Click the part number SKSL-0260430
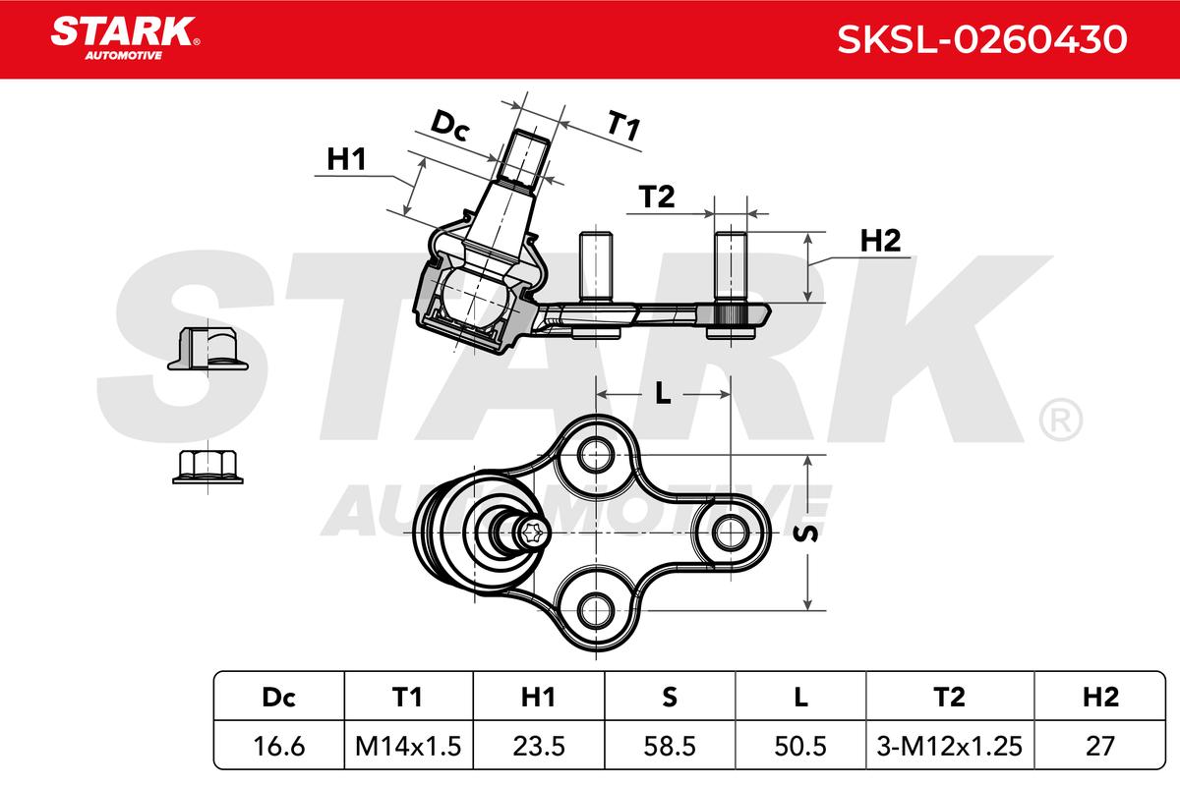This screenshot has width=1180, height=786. click(x=980, y=38)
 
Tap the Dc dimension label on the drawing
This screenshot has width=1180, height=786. click(x=450, y=126)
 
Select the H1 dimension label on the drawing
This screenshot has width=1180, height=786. click(x=346, y=159)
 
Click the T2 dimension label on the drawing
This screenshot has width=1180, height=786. click(x=656, y=197)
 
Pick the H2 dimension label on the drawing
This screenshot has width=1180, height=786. click(x=880, y=241)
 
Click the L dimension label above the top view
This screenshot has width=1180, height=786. click(x=663, y=393)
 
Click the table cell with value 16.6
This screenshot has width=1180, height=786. click(x=278, y=746)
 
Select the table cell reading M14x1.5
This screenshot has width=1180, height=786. click(x=407, y=746)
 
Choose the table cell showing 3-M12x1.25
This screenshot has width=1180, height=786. click(x=948, y=746)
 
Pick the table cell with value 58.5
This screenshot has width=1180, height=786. click(x=669, y=746)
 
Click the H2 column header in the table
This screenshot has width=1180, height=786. click(x=1099, y=697)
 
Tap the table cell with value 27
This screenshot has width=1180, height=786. click(x=1099, y=746)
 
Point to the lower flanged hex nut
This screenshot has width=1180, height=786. click(x=206, y=466)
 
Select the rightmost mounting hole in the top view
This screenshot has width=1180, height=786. click(x=729, y=533)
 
